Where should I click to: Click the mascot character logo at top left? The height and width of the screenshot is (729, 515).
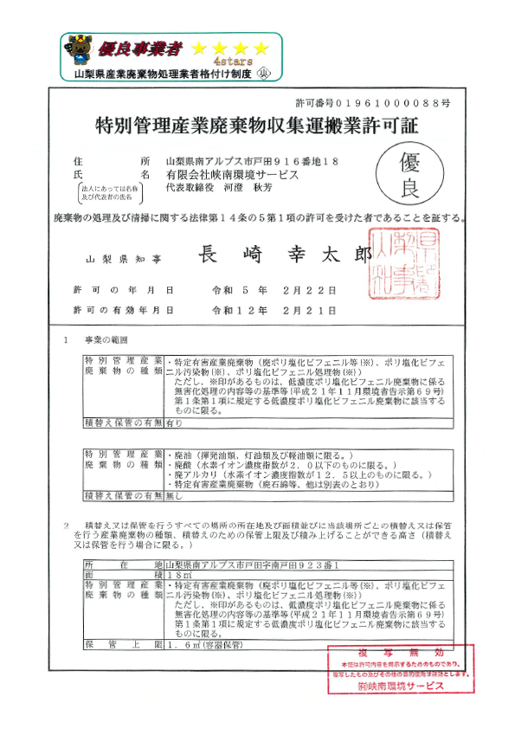[77, 50]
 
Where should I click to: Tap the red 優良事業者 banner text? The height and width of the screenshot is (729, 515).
[136, 47]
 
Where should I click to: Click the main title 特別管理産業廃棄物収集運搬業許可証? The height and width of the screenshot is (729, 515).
[256, 125]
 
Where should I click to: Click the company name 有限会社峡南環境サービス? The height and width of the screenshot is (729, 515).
[226, 174]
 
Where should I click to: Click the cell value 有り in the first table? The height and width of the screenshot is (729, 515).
[174, 422]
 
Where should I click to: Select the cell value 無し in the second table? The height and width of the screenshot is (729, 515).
[174, 494]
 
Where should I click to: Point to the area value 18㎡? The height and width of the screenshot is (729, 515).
[179, 575]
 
